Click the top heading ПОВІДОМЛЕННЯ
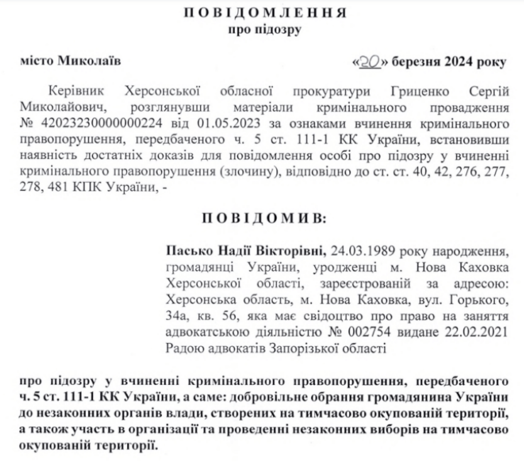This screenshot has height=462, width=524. [x=262, y=14]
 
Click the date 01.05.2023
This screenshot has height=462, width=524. [x=194, y=123]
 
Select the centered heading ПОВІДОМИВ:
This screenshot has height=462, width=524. [x=262, y=218]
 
